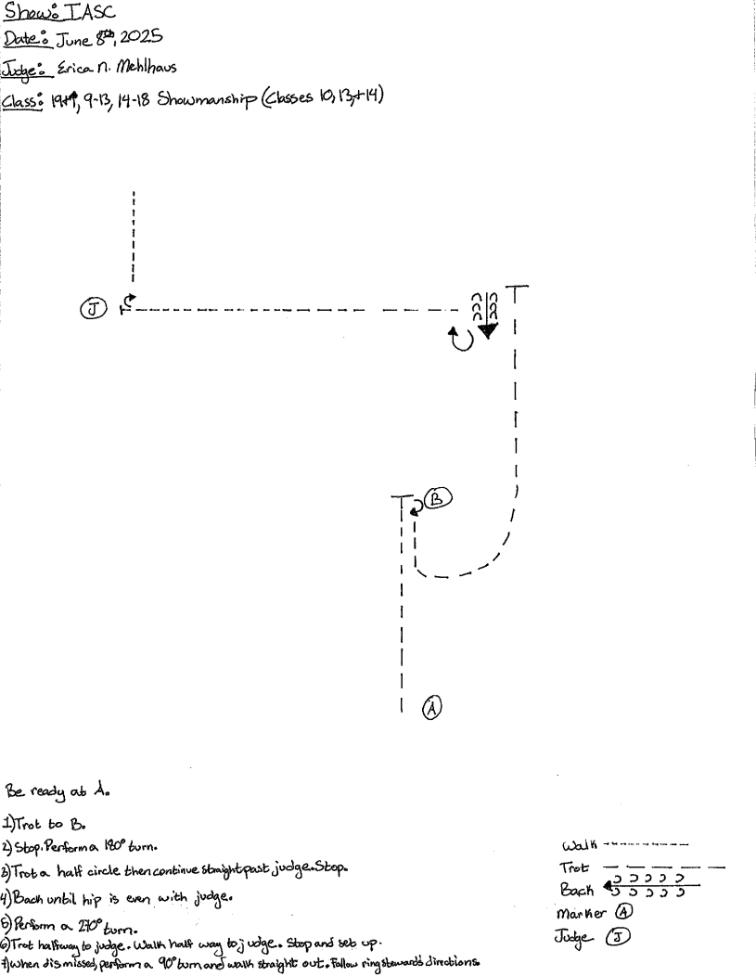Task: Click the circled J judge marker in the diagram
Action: [93, 310]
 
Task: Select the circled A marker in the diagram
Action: [432, 708]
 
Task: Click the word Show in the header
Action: [26, 13]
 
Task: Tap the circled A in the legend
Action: [624, 912]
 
